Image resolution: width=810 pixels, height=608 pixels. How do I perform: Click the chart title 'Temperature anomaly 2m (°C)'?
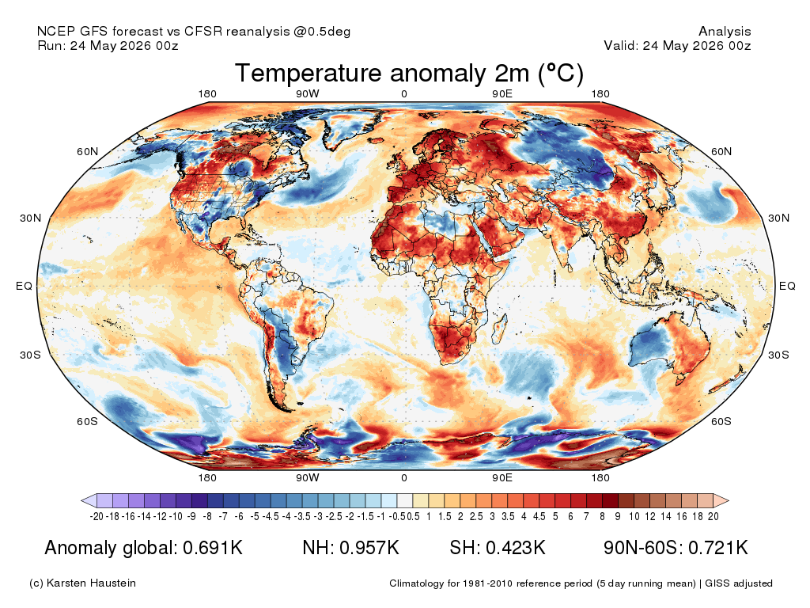coord(409,74)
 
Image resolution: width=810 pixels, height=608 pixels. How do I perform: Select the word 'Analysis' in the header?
coord(725,32)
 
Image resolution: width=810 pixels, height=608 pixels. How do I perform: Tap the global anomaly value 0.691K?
coord(213,548)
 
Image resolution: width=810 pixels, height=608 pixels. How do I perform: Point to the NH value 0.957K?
coord(369,548)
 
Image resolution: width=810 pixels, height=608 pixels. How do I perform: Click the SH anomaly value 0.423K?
coord(516,548)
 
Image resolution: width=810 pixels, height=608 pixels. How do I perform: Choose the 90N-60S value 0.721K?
coord(718,548)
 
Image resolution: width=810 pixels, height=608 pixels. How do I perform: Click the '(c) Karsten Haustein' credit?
coord(82,583)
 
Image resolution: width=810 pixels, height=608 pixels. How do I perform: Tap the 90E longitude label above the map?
coord(502,93)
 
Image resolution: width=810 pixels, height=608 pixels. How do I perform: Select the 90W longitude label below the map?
coord(308,477)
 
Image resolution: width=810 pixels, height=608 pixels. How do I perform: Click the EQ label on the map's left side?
coord(24,286)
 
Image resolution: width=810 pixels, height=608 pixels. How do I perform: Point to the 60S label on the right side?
coord(721,421)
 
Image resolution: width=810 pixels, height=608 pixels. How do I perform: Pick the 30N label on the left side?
coord(31,218)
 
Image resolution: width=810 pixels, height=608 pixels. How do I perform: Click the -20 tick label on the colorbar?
coord(97,516)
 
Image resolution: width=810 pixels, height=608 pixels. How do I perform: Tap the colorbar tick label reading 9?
coord(618,516)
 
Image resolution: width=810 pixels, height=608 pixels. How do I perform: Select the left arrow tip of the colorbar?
coord(81,500)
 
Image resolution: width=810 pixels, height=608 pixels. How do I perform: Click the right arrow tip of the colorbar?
coord(729,500)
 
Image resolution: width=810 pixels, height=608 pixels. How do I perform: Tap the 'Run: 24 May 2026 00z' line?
coord(108,45)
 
